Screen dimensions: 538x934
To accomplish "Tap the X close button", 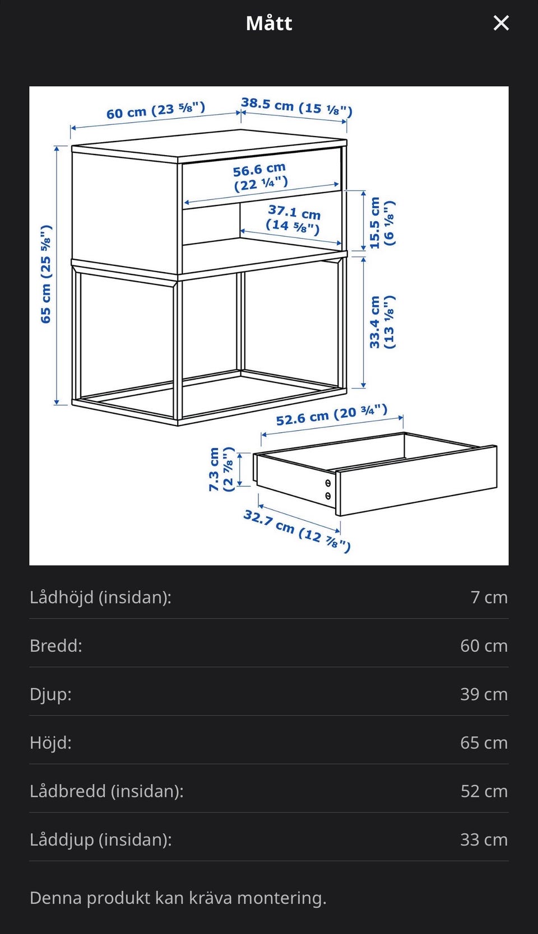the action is (x=501, y=24).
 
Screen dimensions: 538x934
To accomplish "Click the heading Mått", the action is (x=269, y=23).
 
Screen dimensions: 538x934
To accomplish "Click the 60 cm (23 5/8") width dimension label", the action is (x=156, y=110).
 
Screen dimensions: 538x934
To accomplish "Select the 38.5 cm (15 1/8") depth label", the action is (x=297, y=107).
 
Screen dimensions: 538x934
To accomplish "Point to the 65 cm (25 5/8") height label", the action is (x=46, y=274).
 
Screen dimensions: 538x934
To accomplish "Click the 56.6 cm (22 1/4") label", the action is (x=260, y=177).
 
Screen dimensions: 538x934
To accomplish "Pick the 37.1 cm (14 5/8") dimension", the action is (x=294, y=220).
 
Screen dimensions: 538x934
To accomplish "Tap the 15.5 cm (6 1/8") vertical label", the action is (x=382, y=223).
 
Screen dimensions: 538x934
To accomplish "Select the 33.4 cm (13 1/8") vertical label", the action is (x=382, y=322).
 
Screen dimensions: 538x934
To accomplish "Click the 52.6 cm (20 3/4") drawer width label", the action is (x=332, y=415).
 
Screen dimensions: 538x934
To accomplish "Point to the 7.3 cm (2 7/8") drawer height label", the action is (x=221, y=469).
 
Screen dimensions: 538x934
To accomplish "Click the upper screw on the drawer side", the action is (x=328, y=483).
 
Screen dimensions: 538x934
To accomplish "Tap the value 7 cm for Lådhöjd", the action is (x=489, y=597).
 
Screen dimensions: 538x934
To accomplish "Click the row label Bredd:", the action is (x=56, y=646).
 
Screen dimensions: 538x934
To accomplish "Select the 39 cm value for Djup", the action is (x=484, y=694).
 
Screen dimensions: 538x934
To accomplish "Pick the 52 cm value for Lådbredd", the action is (x=484, y=791).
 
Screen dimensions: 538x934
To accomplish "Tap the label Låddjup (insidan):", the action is (x=100, y=839).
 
